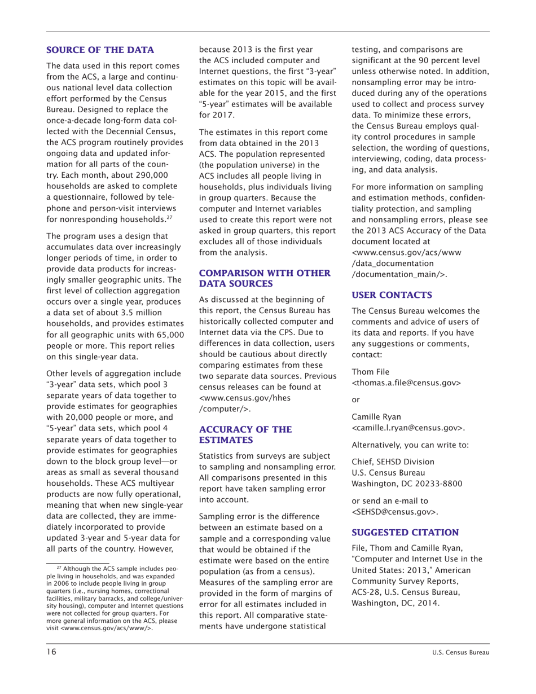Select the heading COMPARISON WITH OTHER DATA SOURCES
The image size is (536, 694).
(263, 279)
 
